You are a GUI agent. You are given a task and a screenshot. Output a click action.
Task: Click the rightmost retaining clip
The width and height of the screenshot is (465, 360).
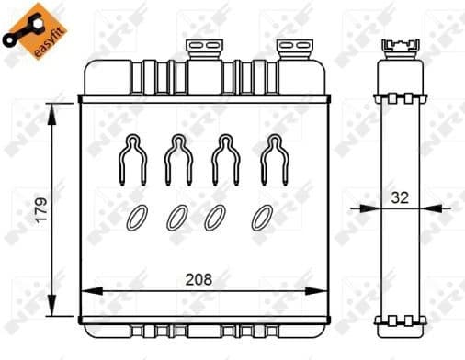270,160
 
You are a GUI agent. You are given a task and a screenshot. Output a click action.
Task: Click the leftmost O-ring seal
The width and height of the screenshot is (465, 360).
136,217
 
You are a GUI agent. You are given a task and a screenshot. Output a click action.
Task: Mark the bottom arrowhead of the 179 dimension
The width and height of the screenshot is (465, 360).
53,310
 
